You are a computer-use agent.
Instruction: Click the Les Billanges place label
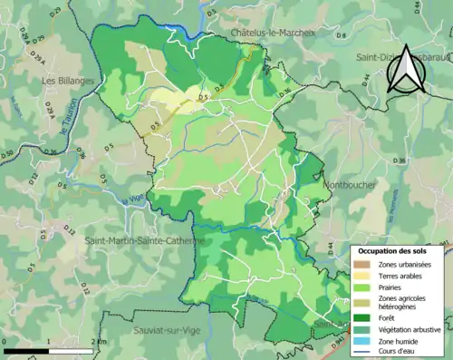tap(68, 80)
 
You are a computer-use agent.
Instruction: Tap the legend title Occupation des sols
tap(394, 251)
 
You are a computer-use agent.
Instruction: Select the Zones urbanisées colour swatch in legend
tap(369, 264)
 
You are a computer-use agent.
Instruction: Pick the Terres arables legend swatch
tap(369, 276)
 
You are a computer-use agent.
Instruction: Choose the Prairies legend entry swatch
tap(369, 287)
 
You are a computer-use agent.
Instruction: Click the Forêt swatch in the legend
tap(369, 317)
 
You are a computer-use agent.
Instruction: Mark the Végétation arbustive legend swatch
tap(369, 329)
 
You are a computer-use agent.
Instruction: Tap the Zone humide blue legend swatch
tap(369, 341)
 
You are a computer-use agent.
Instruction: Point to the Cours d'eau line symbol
tap(369, 352)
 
